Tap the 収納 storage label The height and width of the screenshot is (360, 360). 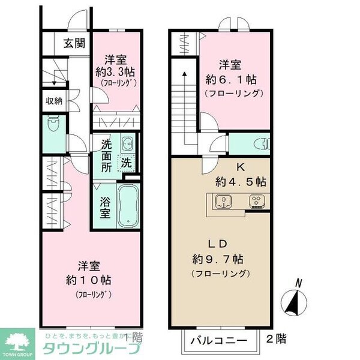pos(54,101)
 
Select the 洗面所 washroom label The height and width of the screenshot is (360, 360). pos(106,155)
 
